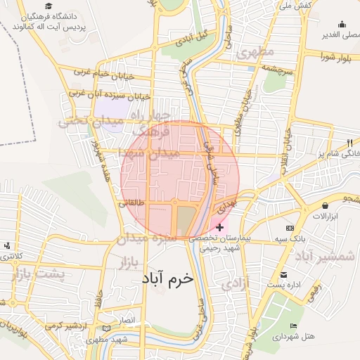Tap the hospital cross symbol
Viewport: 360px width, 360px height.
(220, 227)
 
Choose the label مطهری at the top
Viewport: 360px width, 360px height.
(255, 51)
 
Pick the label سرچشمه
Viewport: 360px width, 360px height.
(276, 67)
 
